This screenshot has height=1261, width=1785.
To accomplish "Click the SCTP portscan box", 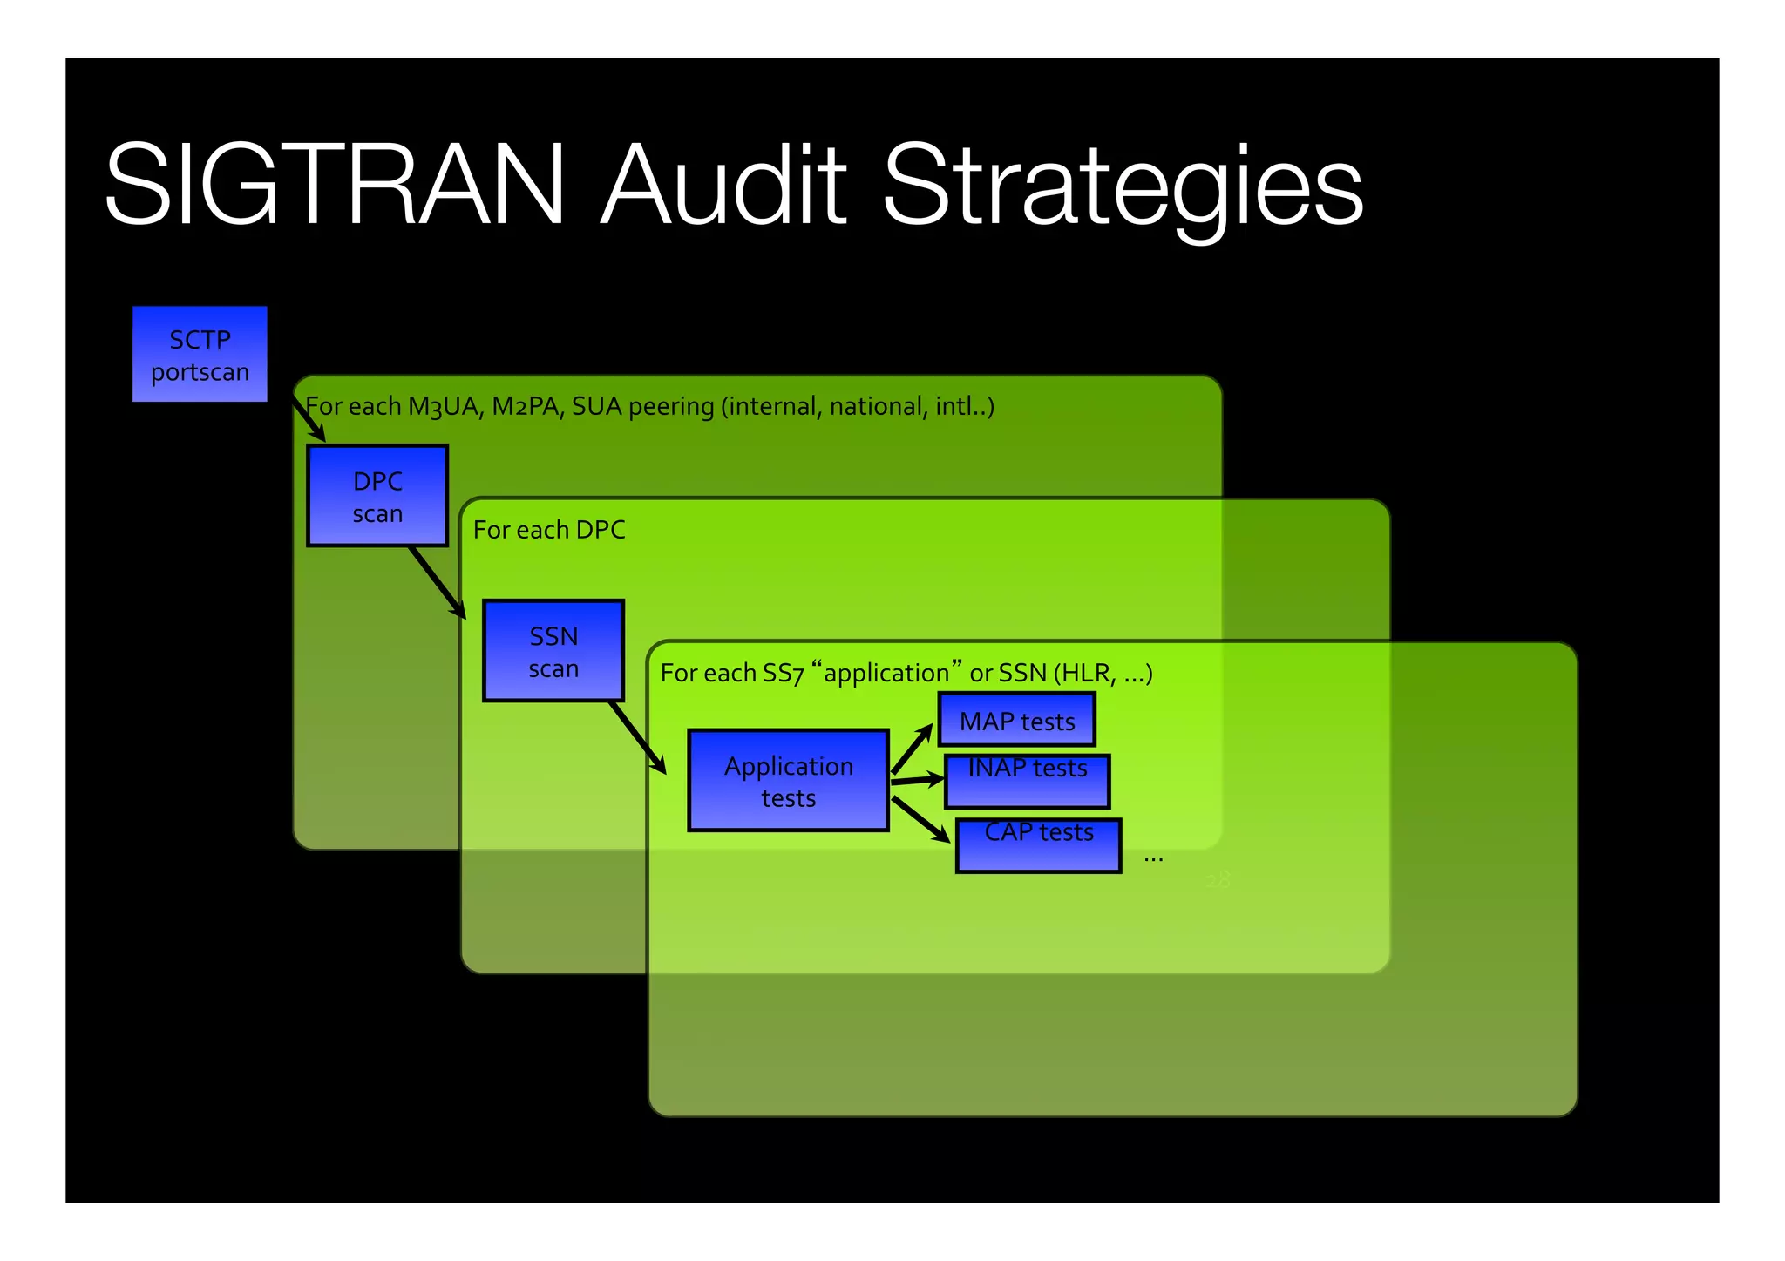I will [200, 354].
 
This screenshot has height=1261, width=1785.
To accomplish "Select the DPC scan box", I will [377, 496].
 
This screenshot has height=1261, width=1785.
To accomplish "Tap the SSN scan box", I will [553, 651].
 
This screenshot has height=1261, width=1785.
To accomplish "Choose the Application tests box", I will [788, 781].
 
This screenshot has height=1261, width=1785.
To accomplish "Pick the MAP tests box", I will [1016, 720].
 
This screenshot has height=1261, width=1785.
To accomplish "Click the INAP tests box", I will [1027, 782].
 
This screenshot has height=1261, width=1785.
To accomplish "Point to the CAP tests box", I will [1038, 845].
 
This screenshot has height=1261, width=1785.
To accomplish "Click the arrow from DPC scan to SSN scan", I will [437, 582].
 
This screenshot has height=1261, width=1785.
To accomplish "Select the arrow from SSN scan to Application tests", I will [637, 737].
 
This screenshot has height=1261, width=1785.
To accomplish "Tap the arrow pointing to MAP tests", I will [912, 749].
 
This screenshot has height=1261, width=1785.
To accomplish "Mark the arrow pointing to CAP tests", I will [920, 820].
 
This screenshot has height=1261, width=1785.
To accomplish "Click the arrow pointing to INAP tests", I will [917, 780].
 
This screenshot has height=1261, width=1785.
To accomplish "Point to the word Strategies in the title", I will [1123, 187].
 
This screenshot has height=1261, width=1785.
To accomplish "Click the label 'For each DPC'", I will [549, 530].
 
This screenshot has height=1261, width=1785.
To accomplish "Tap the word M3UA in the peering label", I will [445, 407].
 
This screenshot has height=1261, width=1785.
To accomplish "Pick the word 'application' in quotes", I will [886, 673].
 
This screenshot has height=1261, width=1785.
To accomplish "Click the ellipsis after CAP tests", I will [1153, 859].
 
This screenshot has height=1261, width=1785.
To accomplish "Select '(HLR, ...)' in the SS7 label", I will [1103, 673].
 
